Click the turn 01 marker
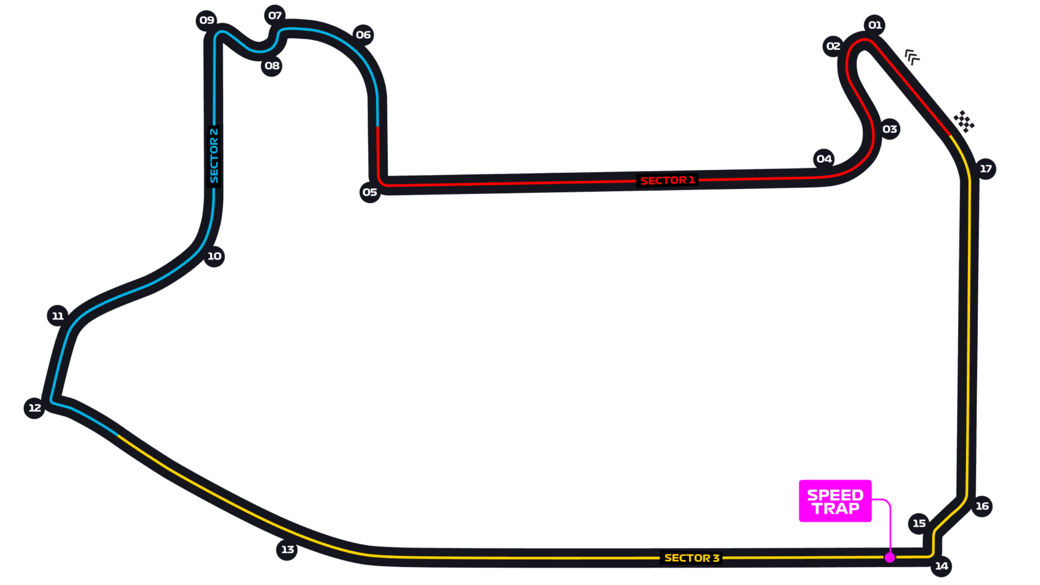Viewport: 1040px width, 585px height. click(875, 25)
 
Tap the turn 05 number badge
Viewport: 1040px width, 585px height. click(370, 193)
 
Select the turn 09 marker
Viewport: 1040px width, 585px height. click(207, 20)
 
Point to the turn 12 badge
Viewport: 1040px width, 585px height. click(35, 408)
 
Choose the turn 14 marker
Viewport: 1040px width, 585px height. click(942, 566)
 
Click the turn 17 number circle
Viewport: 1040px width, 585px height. click(986, 169)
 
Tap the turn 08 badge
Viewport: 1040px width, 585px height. click(272, 66)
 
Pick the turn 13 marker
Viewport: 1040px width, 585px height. click(287, 550)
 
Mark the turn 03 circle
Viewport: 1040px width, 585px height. click(890, 129)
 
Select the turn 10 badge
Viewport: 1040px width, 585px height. click(215, 256)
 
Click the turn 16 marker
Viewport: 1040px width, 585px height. click(982, 507)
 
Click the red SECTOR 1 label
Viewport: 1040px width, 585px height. click(667, 181)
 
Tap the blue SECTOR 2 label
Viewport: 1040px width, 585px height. click(214, 156)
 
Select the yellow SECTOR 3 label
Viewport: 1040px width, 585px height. click(691, 558)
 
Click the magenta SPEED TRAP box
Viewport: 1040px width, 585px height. click(835, 501)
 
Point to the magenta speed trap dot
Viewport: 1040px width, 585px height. click(890, 558)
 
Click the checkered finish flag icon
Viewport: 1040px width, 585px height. click(964, 121)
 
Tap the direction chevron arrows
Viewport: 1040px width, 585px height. click(912, 57)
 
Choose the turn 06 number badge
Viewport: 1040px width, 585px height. click(363, 35)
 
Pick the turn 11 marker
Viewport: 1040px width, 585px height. click(58, 316)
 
